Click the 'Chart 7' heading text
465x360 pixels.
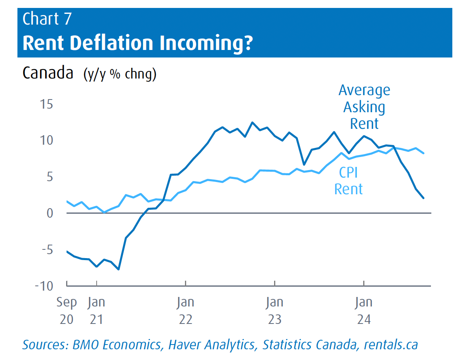tap(47, 19)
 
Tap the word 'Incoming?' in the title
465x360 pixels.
tap(206, 43)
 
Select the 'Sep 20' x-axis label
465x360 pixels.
tap(67, 310)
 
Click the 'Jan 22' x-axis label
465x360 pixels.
tap(185, 310)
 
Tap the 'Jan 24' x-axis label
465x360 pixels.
tap(364, 310)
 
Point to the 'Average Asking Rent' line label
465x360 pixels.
tap(364, 107)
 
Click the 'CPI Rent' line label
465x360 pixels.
tap(349, 181)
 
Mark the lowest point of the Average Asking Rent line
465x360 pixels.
tap(118, 269)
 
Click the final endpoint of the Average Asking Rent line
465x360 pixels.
tap(423, 198)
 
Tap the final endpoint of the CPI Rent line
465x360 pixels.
tap(423, 153)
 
